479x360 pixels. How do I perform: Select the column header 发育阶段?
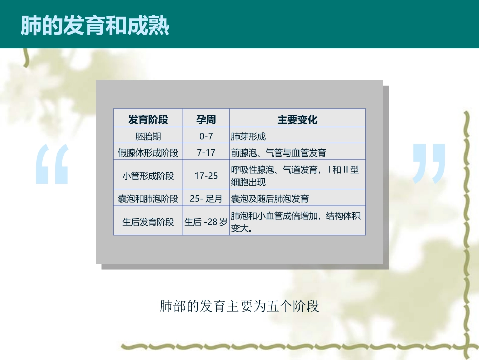point(148,120)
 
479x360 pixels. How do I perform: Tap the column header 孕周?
point(206,120)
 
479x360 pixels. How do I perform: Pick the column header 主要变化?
point(297,120)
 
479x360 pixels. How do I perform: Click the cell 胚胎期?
point(148,136)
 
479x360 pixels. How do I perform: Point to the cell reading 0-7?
point(206,136)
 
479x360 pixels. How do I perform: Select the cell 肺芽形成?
point(248,136)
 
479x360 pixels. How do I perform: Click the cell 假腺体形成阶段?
point(148,152)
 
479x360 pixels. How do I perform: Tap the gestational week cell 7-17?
point(206,152)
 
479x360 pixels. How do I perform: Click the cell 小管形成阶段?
point(148,176)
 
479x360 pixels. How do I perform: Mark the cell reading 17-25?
point(206,176)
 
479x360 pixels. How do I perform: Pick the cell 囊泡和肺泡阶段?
point(148,199)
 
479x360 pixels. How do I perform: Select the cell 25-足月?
point(206,199)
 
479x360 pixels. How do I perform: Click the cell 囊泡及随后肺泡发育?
point(270,199)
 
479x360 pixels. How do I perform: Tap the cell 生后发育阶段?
point(148,222)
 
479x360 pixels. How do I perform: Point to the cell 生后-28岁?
point(206,222)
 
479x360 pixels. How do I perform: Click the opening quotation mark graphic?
point(52,164)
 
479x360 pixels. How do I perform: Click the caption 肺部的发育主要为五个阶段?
point(239,306)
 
